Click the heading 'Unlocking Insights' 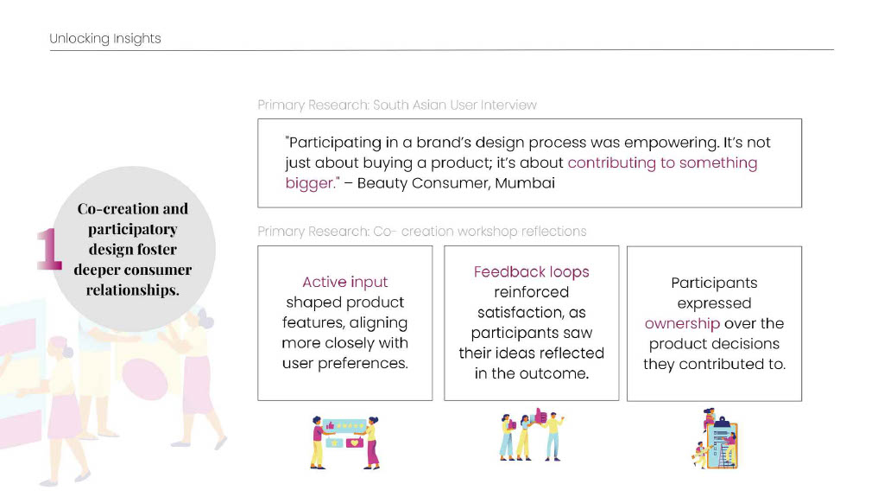pyautogui.click(x=104, y=38)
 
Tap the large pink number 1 pyautogui.click(x=49, y=248)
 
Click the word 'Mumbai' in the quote pyautogui.click(x=525, y=183)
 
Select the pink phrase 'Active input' pyautogui.click(x=345, y=282)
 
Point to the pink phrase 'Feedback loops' pyautogui.click(x=531, y=272)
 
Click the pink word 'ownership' pyautogui.click(x=682, y=323)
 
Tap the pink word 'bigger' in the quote pyautogui.click(x=310, y=183)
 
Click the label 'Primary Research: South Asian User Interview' pyautogui.click(x=397, y=105)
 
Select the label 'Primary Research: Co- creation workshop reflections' pyautogui.click(x=421, y=232)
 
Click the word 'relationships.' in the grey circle pyautogui.click(x=132, y=290)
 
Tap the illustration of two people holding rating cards pyautogui.click(x=345, y=443)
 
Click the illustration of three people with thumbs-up pyautogui.click(x=531, y=434)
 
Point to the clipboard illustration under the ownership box pyautogui.click(x=715, y=439)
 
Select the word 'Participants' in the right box pyautogui.click(x=714, y=283)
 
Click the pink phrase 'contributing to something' pyautogui.click(x=662, y=163)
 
